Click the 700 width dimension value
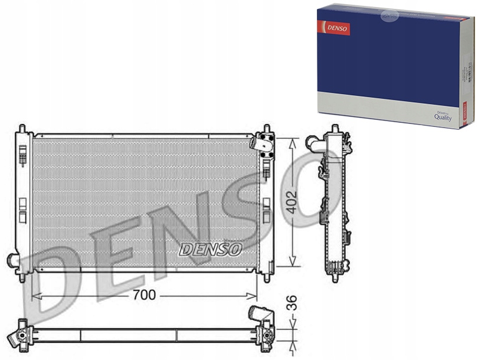click(145, 295)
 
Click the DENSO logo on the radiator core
click(210, 250)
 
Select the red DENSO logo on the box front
click(334, 27)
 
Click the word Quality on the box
click(443, 117)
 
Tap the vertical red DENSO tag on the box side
click(464, 113)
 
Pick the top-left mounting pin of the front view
click(22, 128)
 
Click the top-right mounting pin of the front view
click(267, 128)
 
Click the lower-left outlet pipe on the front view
click(12, 260)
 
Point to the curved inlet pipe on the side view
click(313, 143)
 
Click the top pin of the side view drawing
click(335, 128)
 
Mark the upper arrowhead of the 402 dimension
click(291, 142)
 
